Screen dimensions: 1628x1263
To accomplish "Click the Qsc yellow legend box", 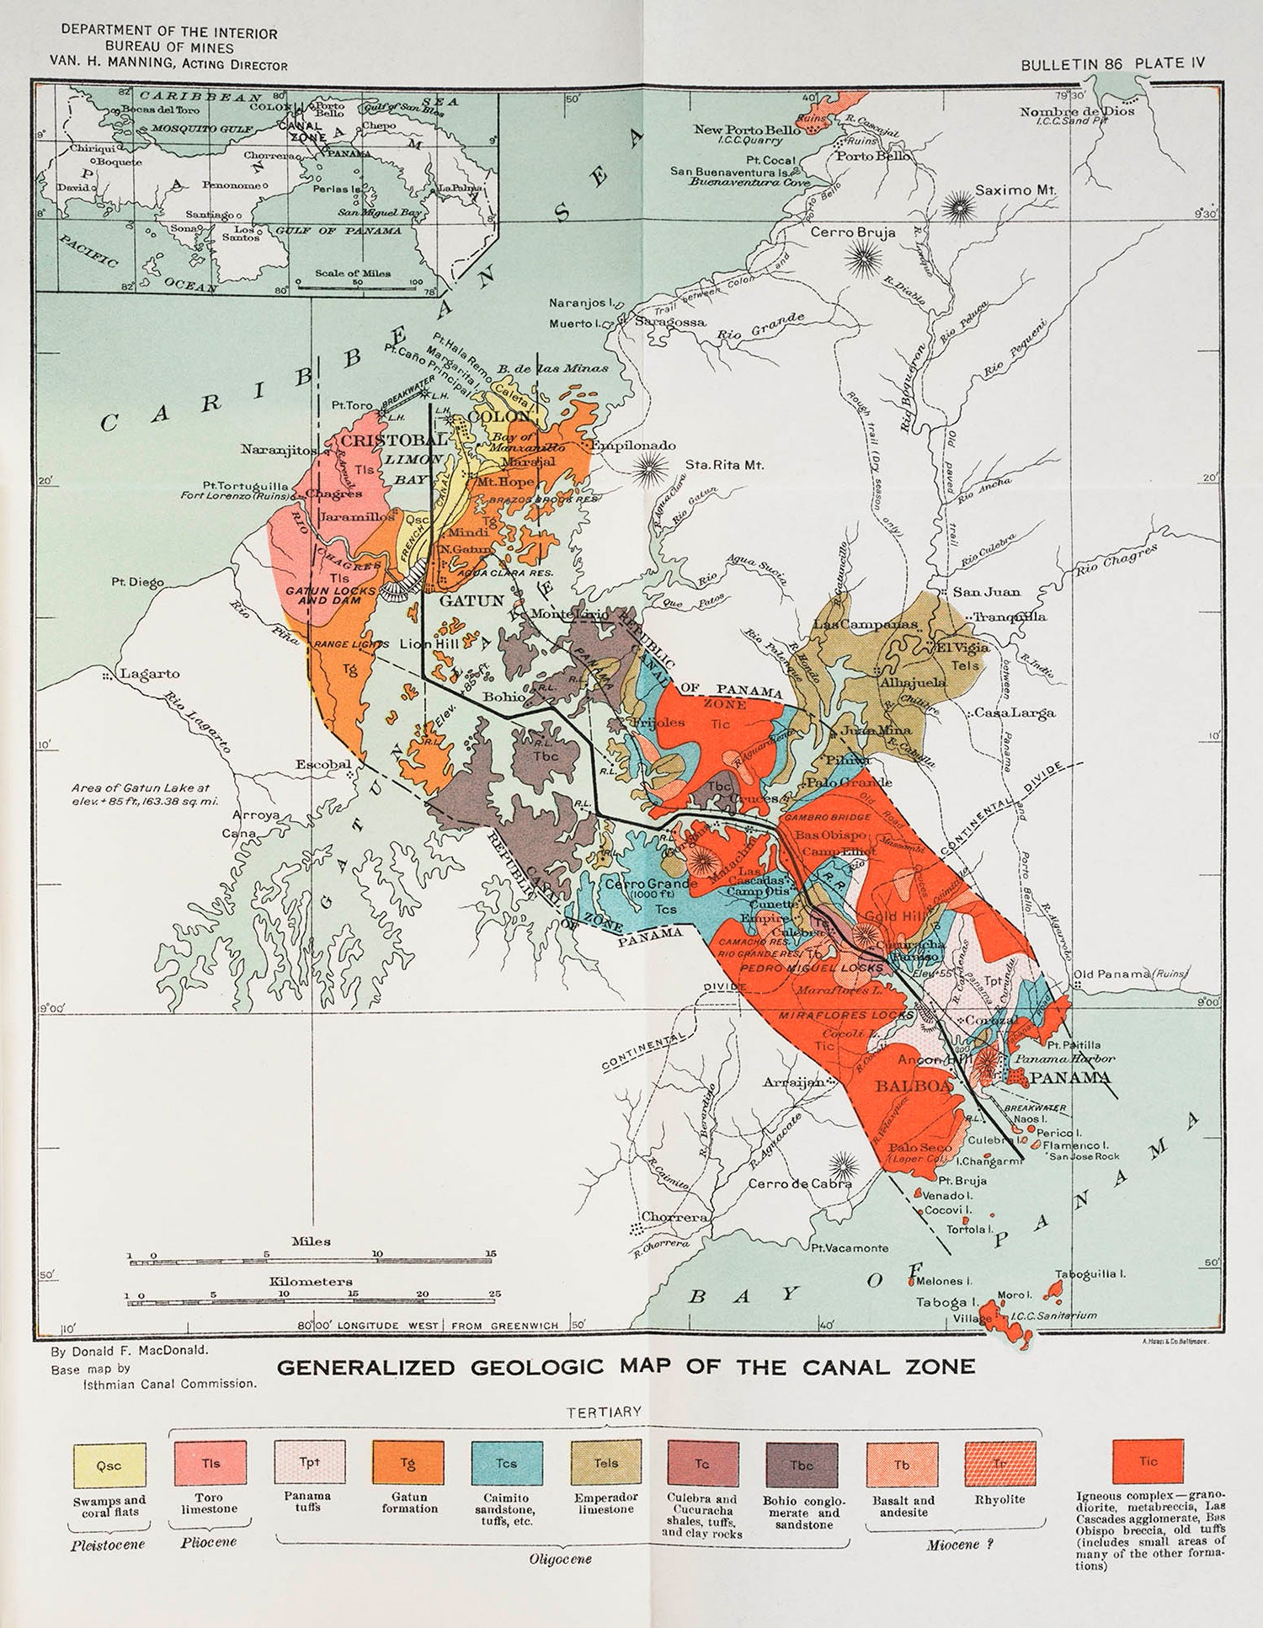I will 109,1465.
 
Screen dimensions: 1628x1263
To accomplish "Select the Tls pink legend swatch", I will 210,1463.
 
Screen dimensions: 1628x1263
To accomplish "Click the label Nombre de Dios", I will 1077,111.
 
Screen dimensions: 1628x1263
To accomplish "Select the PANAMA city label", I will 1070,1078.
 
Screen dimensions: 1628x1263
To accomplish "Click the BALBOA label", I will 914,1086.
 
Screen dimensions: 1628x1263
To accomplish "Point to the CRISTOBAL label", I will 394,440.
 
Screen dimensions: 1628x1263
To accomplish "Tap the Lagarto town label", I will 149,674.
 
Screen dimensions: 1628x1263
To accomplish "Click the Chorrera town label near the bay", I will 674,1217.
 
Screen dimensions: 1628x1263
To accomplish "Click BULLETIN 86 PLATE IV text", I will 1112,64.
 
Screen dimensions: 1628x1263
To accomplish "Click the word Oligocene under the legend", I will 560,1559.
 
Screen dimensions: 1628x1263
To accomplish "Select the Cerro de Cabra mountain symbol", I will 842,1166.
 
